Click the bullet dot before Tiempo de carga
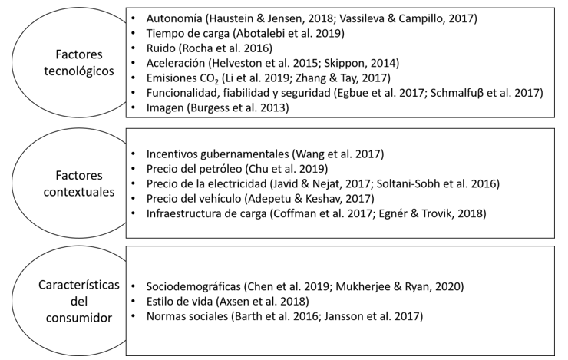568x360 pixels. [x=134, y=33]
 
